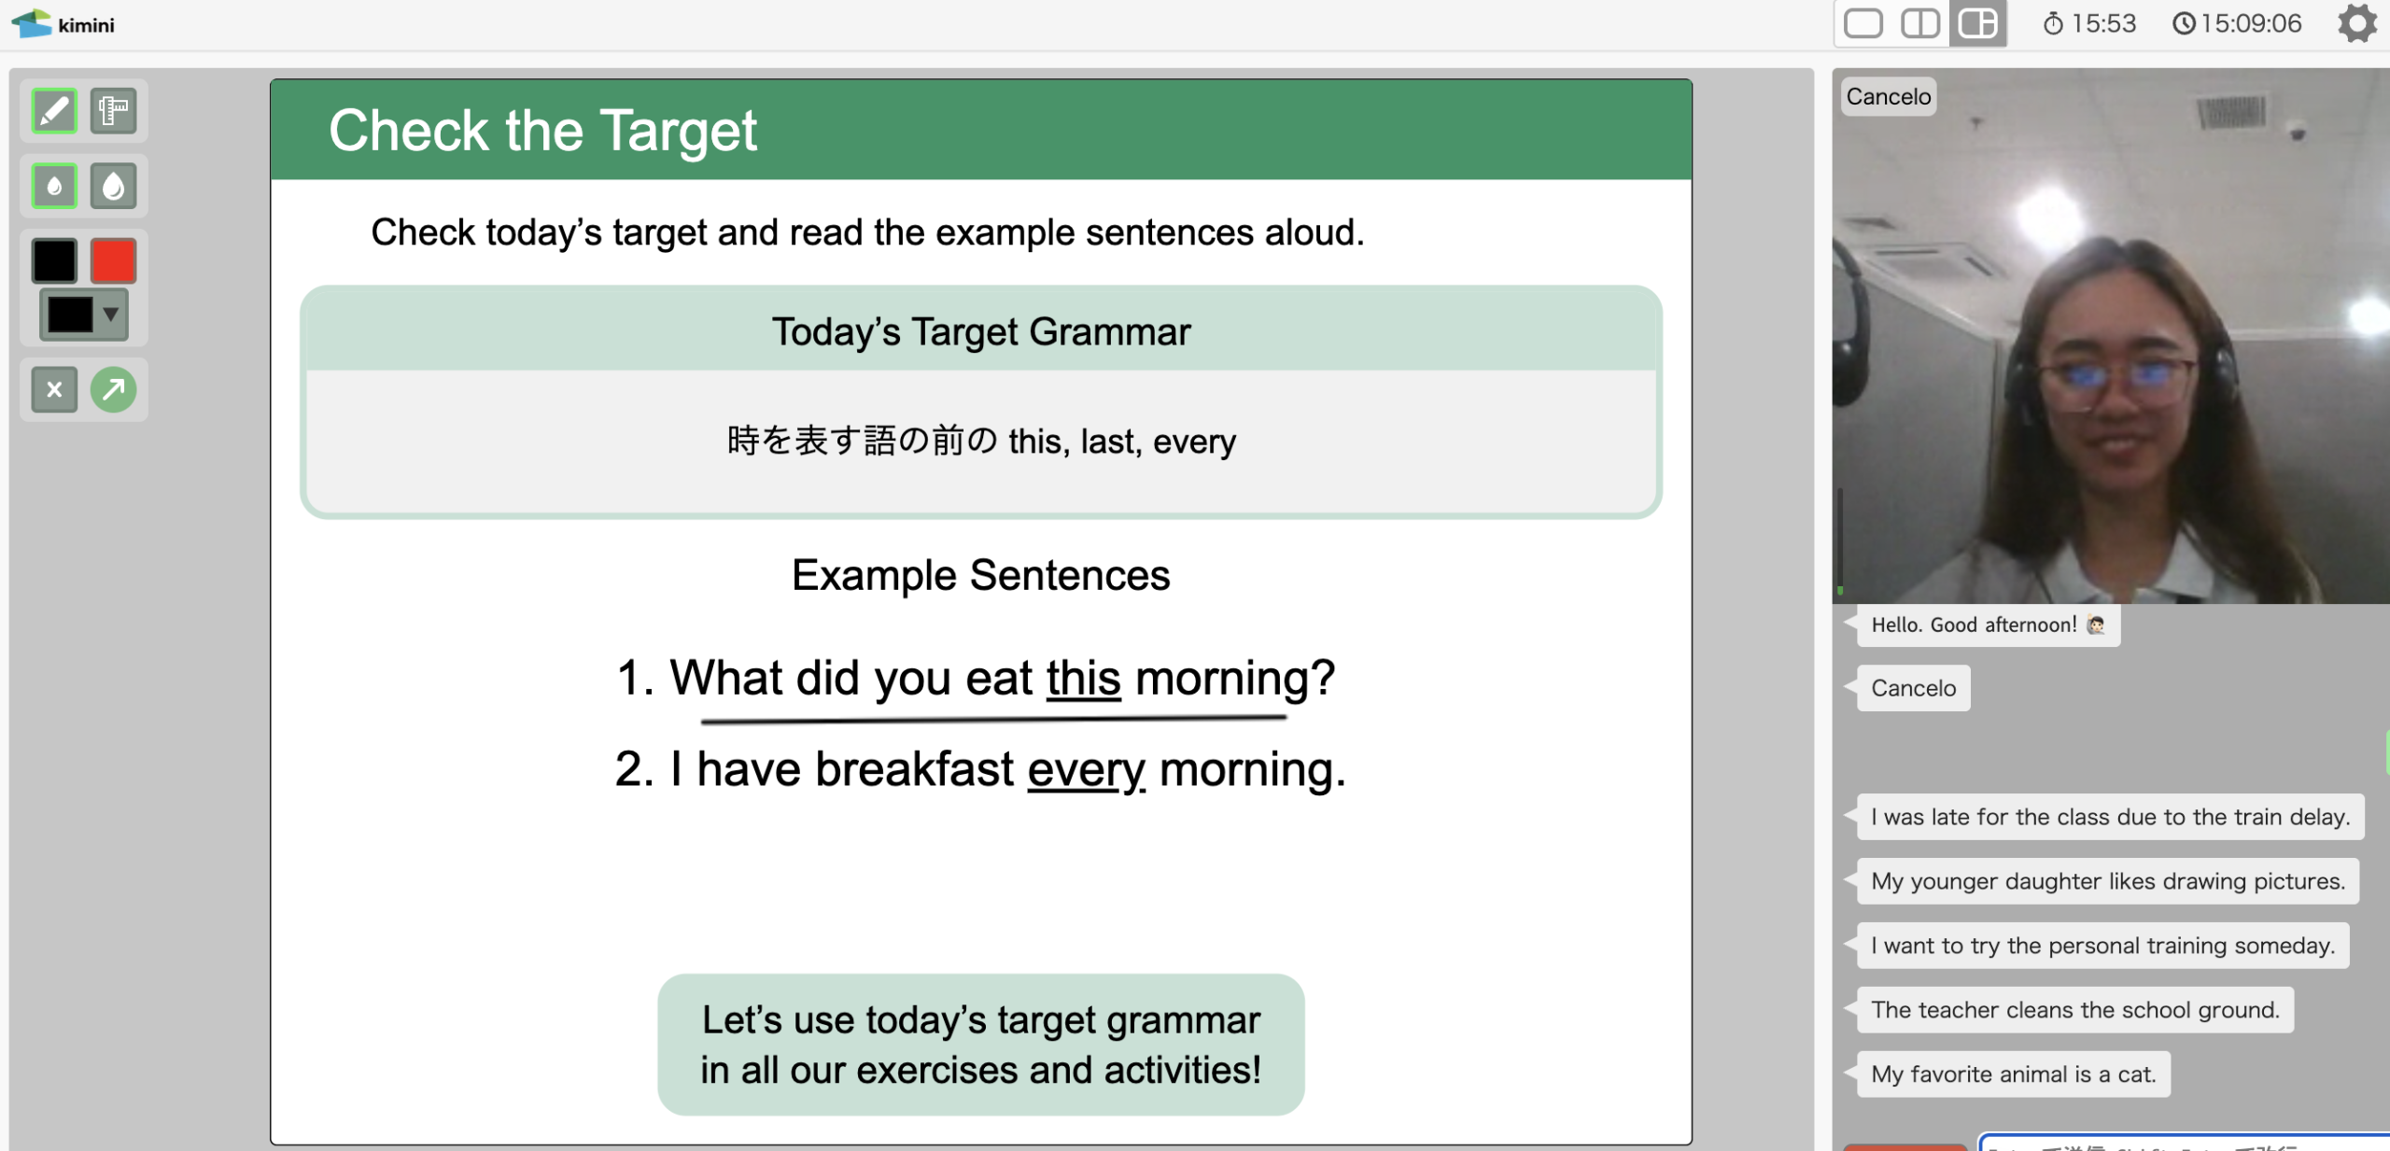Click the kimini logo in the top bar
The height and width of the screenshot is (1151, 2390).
63,24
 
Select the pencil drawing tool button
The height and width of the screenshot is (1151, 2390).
54,111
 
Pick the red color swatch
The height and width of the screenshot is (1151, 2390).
113,260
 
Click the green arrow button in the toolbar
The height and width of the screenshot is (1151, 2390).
113,389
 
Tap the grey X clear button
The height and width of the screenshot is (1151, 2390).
54,389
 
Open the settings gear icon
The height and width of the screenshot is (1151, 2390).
2356,23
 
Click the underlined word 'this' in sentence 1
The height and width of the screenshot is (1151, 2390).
1083,678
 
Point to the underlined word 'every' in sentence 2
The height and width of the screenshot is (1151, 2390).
1086,770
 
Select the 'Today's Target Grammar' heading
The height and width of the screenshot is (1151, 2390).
981,332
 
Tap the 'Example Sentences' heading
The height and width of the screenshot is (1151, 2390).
981,575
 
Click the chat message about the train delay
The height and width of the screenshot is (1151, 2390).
2110,817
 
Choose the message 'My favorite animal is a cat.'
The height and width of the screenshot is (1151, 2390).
2014,1074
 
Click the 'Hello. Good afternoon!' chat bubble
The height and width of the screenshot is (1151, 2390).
1989,625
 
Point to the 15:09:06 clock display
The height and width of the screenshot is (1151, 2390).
2237,23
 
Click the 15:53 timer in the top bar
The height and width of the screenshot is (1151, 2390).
2089,23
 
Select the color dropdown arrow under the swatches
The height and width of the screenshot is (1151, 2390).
111,314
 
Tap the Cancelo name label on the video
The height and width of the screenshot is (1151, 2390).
1889,96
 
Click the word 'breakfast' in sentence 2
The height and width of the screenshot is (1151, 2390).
914,770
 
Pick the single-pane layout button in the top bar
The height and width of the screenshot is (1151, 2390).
1863,23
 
